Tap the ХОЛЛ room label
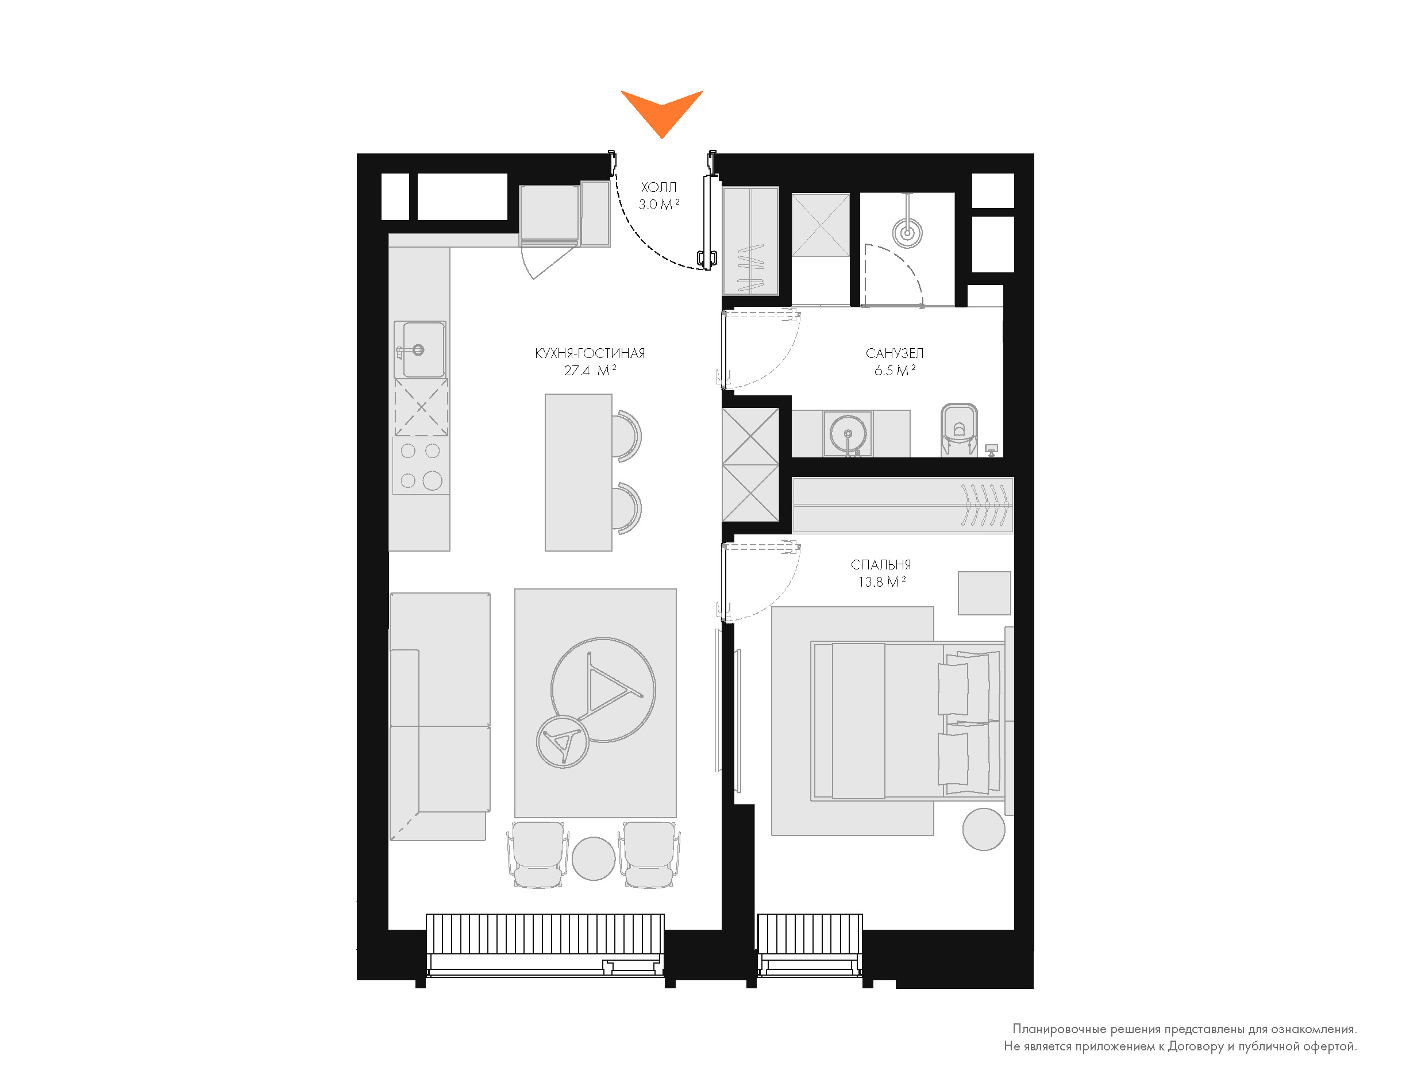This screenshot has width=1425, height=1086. tap(658, 187)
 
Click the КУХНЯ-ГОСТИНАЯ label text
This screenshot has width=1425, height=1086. tap(590, 353)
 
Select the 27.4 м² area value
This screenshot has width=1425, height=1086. tap(590, 371)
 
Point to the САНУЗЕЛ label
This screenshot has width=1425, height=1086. tap(895, 353)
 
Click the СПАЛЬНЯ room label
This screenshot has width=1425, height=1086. tap(881, 565)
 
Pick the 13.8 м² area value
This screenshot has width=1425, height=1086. tap(881, 581)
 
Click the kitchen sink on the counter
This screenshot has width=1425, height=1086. tap(421, 350)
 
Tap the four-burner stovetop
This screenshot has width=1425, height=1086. tap(421, 466)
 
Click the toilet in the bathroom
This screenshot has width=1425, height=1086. tap(959, 430)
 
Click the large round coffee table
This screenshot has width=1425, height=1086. tap(603, 690)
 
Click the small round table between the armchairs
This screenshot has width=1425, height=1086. tap(593, 858)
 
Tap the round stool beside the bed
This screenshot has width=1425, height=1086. tap(984, 829)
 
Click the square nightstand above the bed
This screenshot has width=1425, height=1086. tap(984, 593)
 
